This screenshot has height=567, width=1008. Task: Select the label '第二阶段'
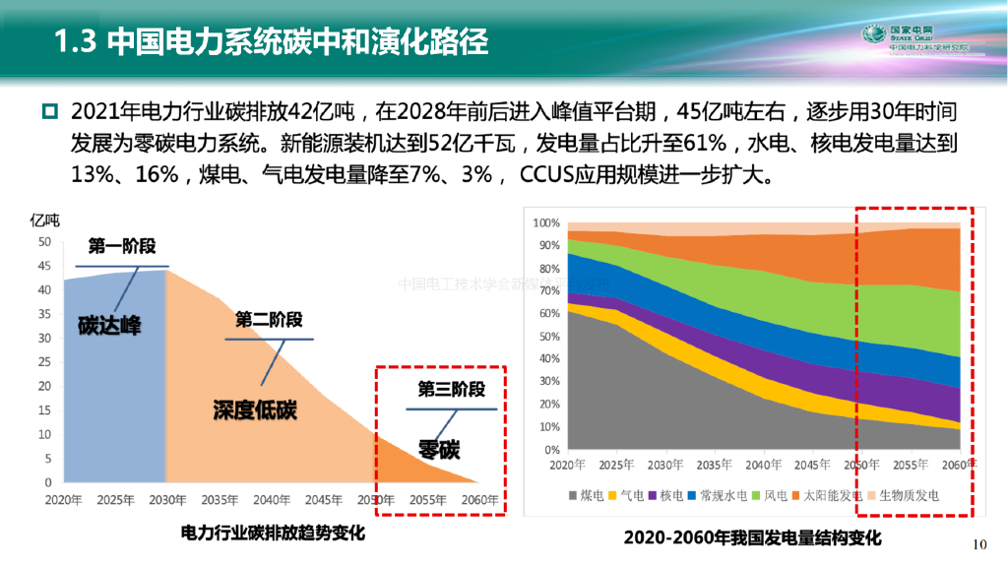click(x=268, y=319)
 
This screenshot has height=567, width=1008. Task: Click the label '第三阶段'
click(x=451, y=389)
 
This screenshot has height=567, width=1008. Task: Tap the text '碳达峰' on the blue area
click(x=109, y=326)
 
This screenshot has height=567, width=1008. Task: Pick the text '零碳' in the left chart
click(x=439, y=450)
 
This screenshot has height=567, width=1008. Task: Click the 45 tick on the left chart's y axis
click(x=43, y=266)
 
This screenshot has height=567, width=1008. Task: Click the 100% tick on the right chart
click(x=545, y=223)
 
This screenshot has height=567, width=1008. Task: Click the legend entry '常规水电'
click(x=719, y=495)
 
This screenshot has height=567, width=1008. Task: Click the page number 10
click(x=978, y=544)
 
